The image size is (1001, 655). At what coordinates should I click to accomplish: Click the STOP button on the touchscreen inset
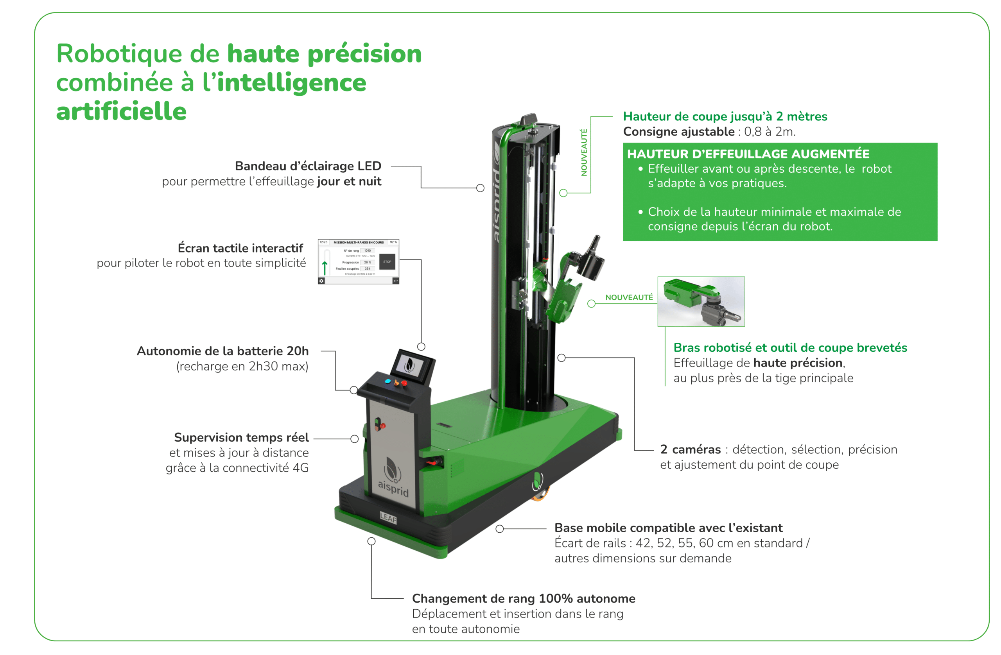pos(387,261)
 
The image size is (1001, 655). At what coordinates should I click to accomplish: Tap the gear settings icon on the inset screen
pos(321,281)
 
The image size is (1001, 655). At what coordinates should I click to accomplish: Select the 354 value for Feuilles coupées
pos(367,268)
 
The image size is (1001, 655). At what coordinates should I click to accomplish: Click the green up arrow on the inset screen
pos(325,267)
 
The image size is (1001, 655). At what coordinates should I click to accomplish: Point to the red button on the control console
pos(404,383)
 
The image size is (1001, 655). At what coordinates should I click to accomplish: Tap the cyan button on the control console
pos(388,381)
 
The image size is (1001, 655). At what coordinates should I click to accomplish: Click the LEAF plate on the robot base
pos(388,518)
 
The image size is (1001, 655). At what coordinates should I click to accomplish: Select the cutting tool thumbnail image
pos(701,301)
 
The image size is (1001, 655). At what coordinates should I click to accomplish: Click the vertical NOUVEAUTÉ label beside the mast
pos(584,152)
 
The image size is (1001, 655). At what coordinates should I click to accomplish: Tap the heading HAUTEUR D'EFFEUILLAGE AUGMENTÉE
pos(748,154)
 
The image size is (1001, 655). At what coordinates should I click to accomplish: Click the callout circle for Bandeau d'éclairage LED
pos(480,188)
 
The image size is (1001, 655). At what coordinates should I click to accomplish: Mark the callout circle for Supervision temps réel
pos(355,439)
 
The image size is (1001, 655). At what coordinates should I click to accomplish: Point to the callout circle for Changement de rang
pos(371,541)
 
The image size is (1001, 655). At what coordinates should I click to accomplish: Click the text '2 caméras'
pos(690,449)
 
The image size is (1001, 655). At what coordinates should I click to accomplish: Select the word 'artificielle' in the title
pos(121,111)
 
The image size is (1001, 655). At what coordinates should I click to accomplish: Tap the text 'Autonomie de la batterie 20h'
pos(222,351)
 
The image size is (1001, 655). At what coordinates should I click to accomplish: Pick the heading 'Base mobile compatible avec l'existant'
pos(668,528)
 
